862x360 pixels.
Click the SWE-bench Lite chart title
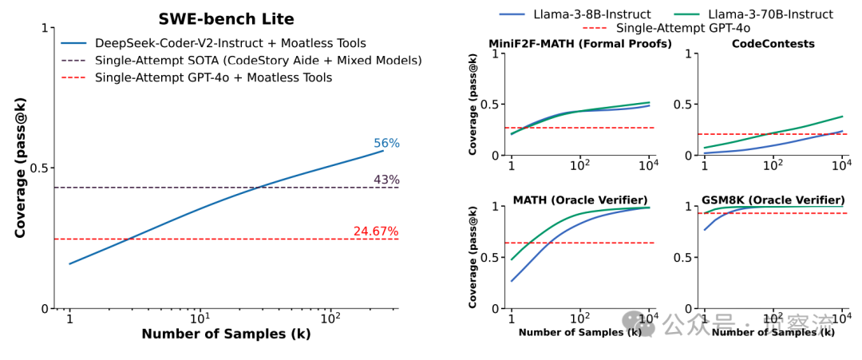227,19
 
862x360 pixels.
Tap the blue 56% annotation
386,144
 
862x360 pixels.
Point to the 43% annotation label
386,180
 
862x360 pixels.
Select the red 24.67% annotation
375,231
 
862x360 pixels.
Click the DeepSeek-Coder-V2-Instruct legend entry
230,43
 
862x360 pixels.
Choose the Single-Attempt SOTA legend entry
258,60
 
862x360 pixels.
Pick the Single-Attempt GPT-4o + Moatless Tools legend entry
213,77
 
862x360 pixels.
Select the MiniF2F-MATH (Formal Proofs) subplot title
580,44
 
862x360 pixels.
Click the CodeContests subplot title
773,44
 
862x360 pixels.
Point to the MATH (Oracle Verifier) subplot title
579,199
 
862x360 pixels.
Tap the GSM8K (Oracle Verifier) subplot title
773,199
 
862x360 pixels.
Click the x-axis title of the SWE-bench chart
226,334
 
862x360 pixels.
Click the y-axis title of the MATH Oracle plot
473,258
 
